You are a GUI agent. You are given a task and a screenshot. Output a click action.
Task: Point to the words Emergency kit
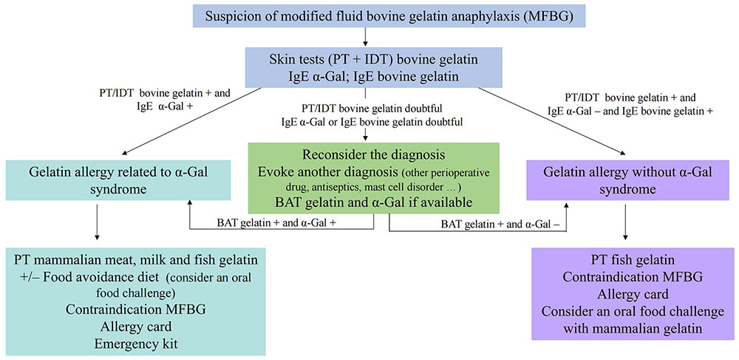click(136, 344)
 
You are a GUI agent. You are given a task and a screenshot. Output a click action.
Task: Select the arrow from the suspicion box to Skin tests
click(365, 38)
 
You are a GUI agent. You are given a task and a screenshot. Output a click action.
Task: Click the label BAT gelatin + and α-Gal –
click(500, 224)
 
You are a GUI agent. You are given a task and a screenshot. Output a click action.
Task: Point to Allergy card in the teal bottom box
click(136, 327)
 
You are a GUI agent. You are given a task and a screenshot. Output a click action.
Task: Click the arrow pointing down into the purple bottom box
click(626, 225)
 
